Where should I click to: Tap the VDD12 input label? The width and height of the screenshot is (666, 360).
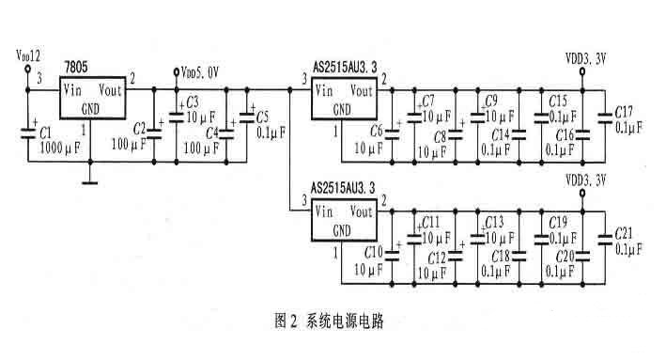28,57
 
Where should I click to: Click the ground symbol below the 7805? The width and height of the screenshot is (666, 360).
91,181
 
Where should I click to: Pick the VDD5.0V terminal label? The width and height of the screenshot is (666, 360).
201,71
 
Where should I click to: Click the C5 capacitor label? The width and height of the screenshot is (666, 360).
262,117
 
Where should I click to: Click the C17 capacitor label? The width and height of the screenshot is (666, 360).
625,112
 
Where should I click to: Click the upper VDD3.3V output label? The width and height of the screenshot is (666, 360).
587,57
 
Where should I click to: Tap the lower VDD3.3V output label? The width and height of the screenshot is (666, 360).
587,179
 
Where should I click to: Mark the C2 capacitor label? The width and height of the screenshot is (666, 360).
140,128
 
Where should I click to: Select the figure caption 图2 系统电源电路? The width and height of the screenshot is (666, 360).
330,321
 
